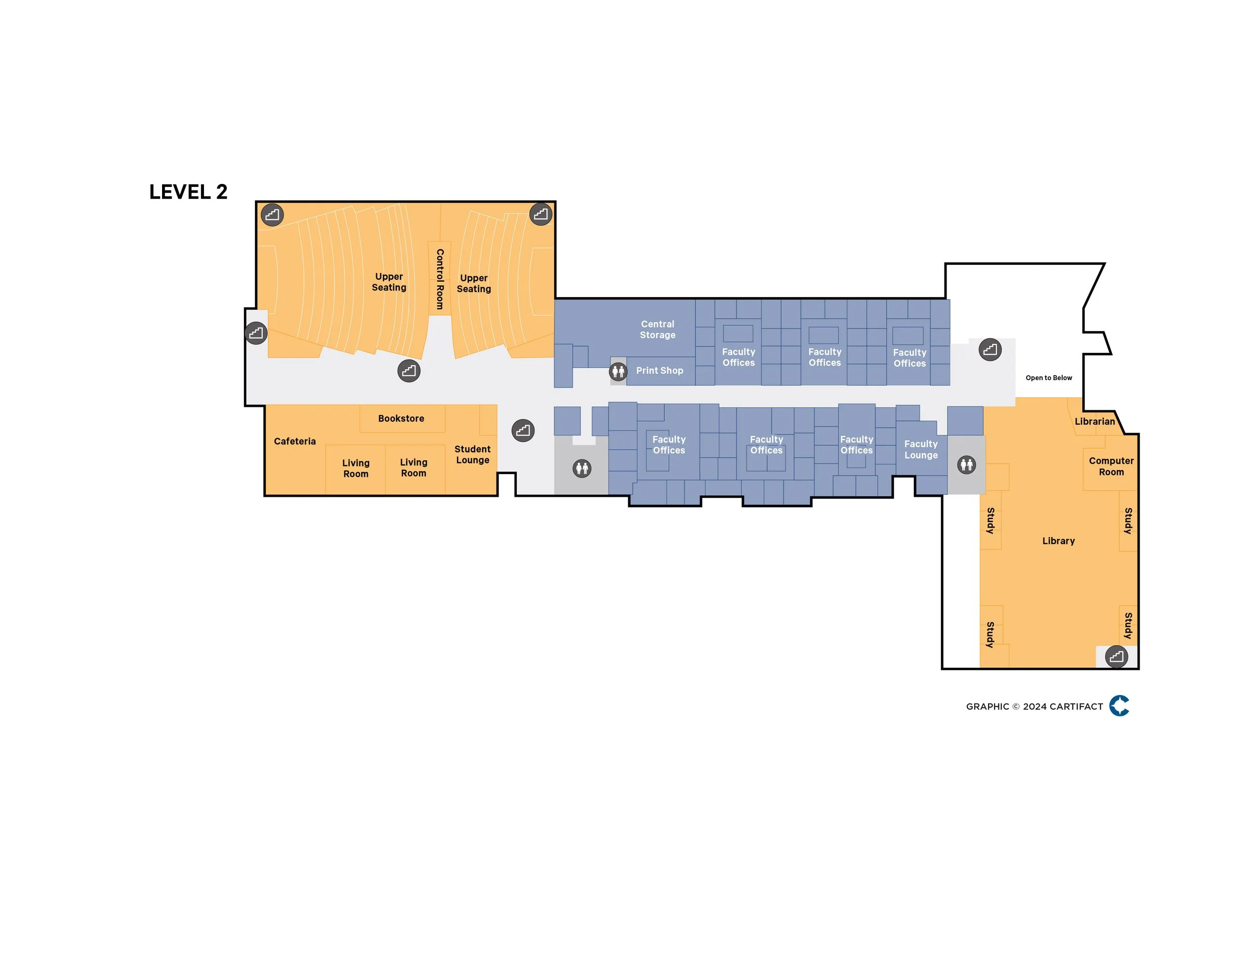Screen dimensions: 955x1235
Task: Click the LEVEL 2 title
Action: (188, 192)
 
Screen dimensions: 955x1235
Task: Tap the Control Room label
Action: (439, 279)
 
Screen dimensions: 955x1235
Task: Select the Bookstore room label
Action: (401, 419)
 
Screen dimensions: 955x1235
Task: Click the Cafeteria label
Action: (294, 441)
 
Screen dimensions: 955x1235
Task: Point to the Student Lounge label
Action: (473, 454)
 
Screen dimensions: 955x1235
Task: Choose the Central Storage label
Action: (658, 329)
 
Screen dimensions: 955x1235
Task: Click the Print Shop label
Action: (659, 371)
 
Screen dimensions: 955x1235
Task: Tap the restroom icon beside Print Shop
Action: (618, 372)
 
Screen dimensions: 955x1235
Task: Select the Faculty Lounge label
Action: (921, 449)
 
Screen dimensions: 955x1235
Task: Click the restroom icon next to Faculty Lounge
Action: (966, 465)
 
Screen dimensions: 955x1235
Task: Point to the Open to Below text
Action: (1048, 378)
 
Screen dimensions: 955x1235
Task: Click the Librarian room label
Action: (1095, 422)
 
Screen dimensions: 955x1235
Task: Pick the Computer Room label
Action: (1111, 466)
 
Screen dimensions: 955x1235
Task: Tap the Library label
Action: (1058, 541)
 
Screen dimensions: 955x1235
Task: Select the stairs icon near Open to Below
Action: (990, 349)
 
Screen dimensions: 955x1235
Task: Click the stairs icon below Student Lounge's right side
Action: (523, 431)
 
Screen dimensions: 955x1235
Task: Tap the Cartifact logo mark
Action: (1119, 705)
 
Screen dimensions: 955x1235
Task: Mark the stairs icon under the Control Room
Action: (409, 371)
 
